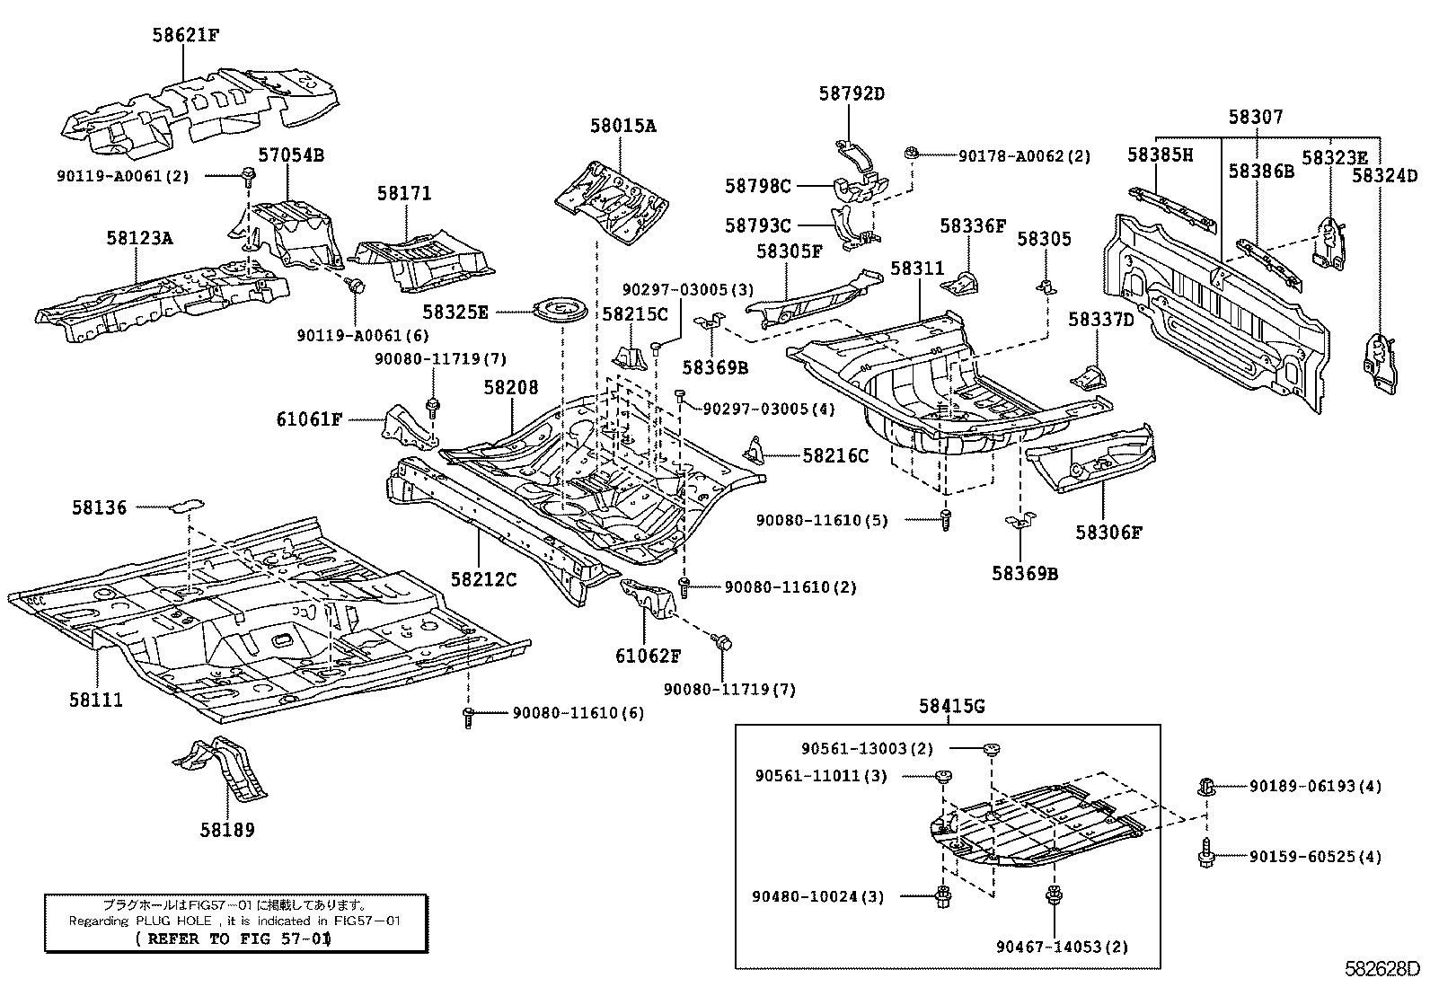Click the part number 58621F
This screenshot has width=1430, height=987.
[185, 36]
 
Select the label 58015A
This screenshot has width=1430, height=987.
[622, 126]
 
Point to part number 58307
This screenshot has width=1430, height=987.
[1256, 117]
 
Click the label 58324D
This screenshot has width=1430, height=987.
[1384, 176]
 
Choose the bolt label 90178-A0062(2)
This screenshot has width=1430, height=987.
[1024, 155]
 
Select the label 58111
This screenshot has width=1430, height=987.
[95, 700]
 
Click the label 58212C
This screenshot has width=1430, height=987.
[483, 579]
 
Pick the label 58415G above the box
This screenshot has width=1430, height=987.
[951, 707]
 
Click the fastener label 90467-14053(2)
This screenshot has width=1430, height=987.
[1062, 946]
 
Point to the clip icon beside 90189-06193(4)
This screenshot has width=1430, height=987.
[1206, 788]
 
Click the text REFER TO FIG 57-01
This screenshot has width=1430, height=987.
[233, 939]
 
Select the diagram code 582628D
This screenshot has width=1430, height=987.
[1382, 969]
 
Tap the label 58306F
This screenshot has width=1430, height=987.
[1108, 532]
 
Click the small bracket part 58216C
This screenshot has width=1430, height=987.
[755, 448]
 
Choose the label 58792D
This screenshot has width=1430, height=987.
[851, 93]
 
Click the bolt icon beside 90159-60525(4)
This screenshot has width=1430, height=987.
[1206, 855]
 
